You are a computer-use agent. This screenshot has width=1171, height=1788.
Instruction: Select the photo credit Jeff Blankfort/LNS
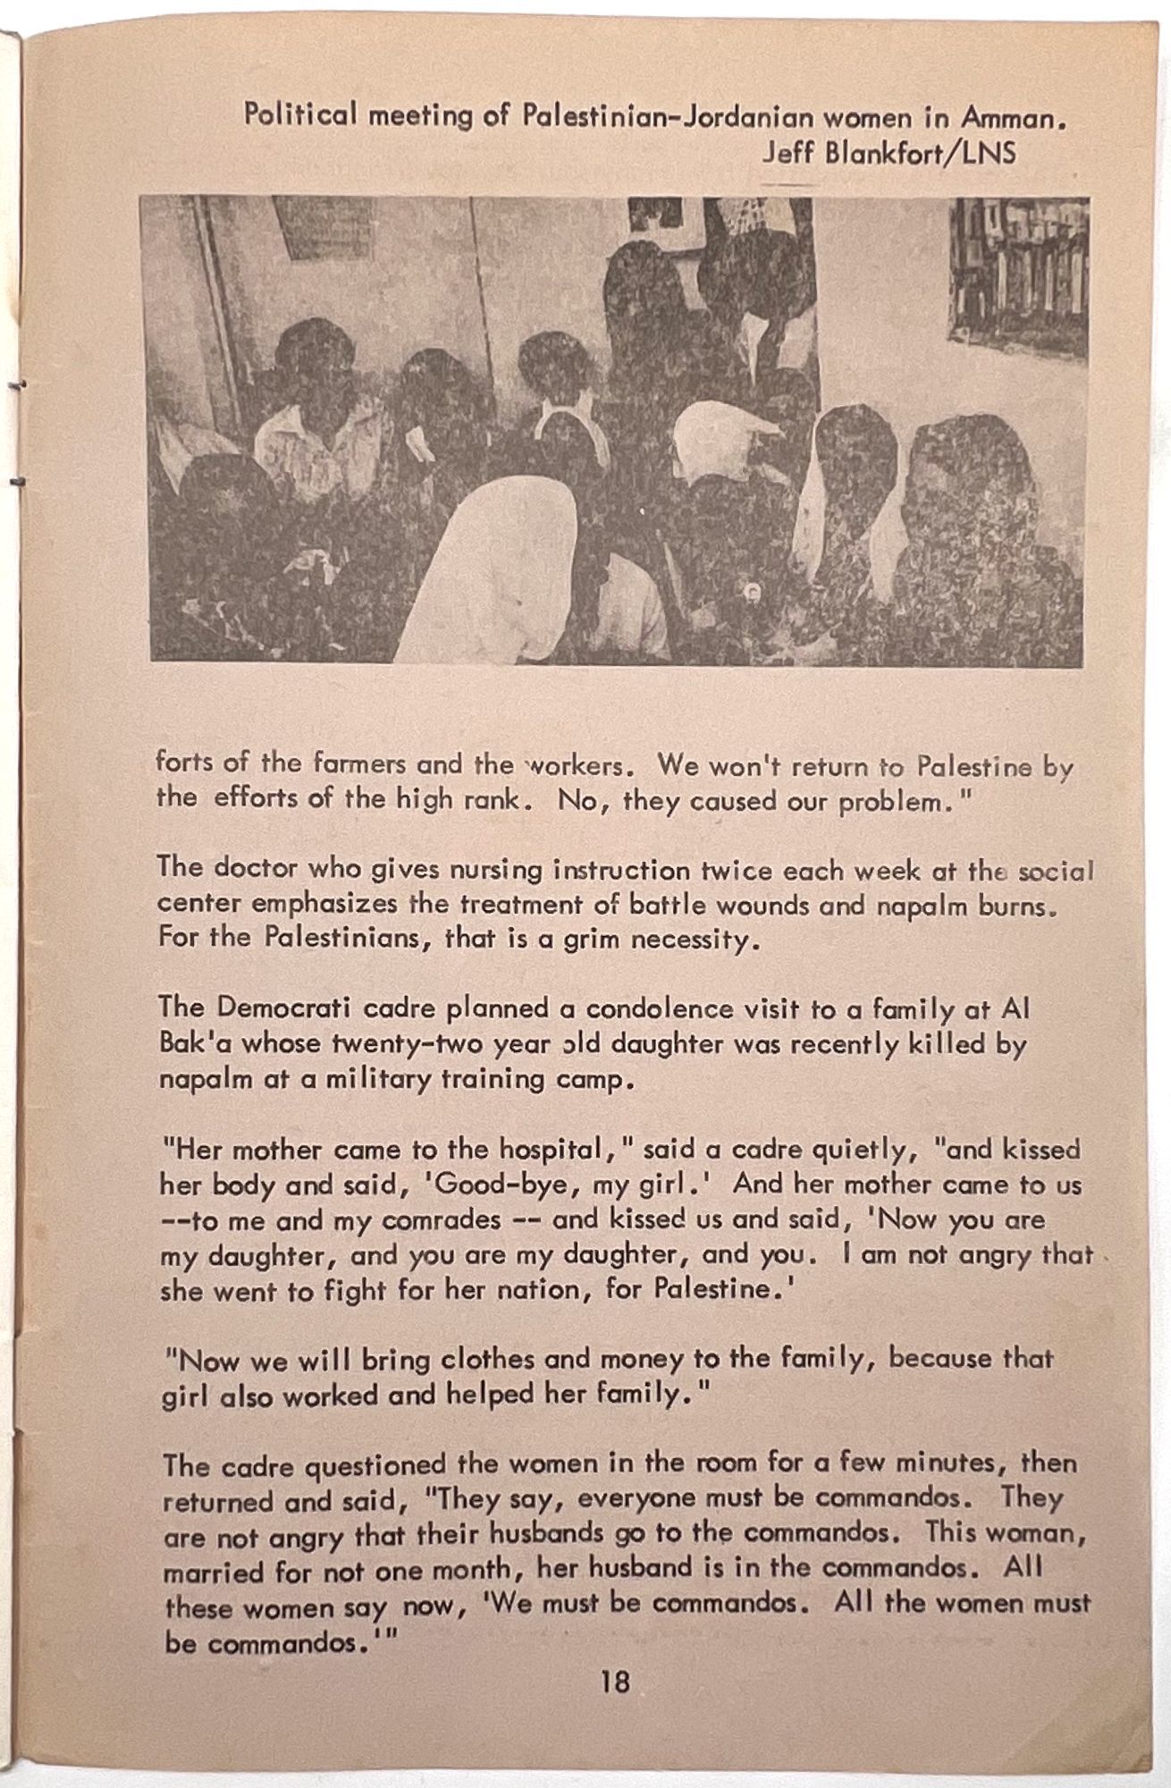(889, 153)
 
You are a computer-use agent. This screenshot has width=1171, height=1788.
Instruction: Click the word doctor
(257, 868)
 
